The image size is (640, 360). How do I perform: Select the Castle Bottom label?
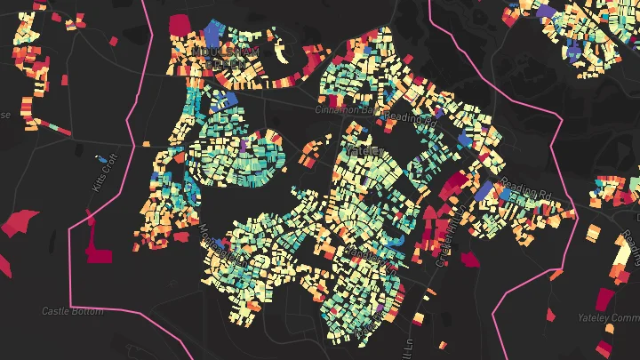pos(68,311)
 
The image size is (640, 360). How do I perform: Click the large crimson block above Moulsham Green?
pos(179,24)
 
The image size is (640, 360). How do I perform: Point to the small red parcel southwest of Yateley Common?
pos(551,314)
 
